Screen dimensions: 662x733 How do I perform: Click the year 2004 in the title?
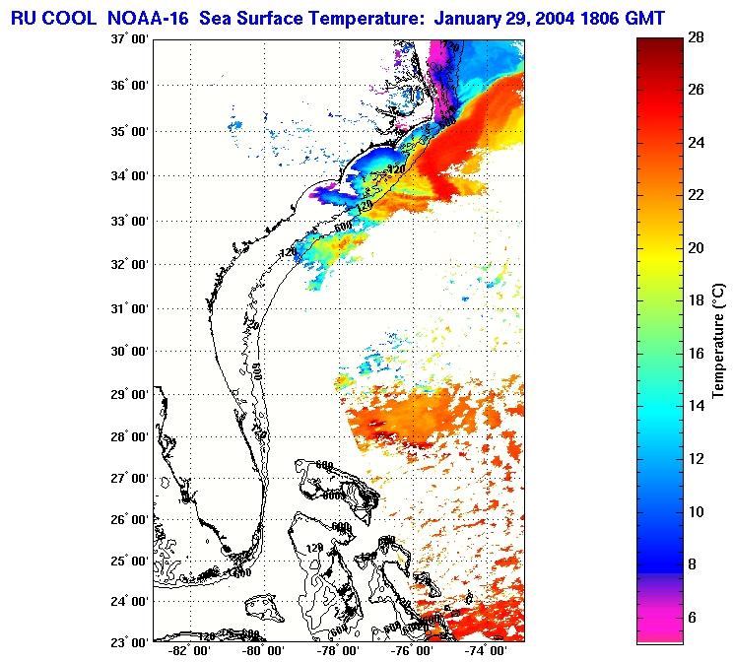pyautogui.click(x=542, y=17)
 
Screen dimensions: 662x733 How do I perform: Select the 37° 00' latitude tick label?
pyautogui.click(x=129, y=40)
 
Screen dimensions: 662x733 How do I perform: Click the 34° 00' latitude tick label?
pyautogui.click(x=129, y=176)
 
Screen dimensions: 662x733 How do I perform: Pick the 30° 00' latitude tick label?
pyautogui.click(x=129, y=352)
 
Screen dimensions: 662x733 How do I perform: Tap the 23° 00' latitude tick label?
pyautogui.click(x=129, y=641)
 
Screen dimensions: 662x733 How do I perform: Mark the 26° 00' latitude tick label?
pyautogui.click(x=129, y=519)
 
